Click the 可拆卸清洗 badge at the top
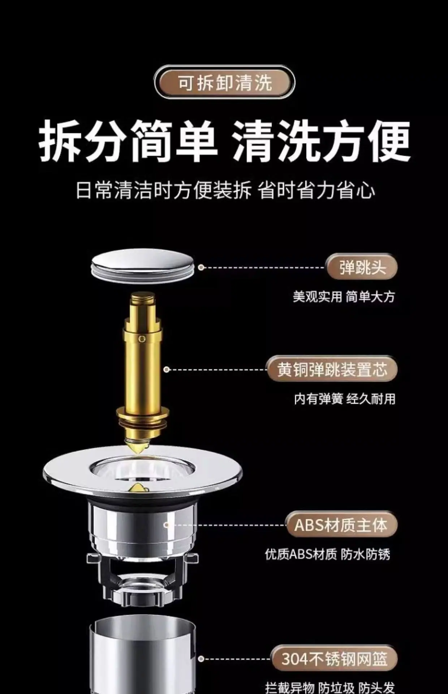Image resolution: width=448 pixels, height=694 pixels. click(224, 82)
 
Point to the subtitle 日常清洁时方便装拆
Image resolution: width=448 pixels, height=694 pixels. click(163, 190)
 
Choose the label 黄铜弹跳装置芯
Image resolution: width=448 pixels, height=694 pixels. click(332, 369)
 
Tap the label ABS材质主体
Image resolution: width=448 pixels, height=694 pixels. click(341, 525)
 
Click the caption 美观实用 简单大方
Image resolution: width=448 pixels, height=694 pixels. click(344, 297)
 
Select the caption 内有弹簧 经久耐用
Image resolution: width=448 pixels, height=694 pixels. click(345, 399)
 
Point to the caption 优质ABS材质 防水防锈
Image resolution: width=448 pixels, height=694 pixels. click(328, 554)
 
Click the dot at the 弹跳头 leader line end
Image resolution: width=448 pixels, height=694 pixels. click(201, 267)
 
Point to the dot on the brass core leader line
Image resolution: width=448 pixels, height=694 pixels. click(166, 369)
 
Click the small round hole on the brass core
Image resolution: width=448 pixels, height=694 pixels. click(142, 339)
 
